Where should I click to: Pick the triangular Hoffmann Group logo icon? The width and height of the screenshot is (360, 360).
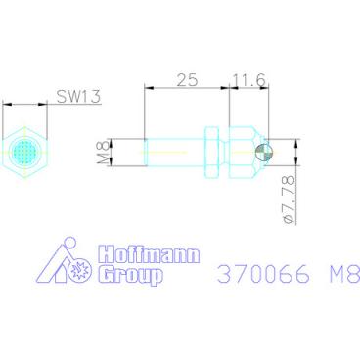65,264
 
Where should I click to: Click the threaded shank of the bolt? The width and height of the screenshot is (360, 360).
176,152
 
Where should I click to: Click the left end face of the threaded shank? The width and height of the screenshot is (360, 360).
146,152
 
